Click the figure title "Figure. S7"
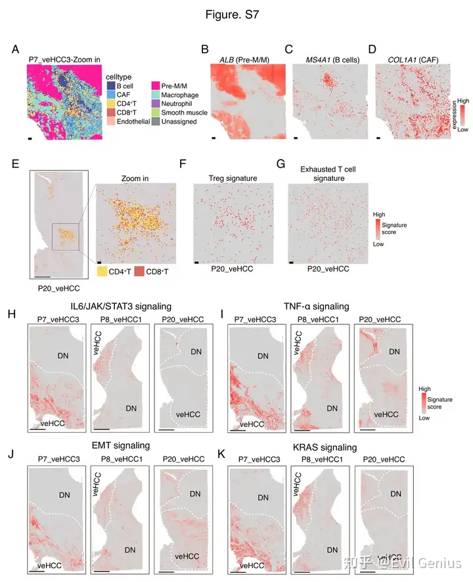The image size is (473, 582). click(236, 15)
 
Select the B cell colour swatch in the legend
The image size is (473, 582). click(110, 86)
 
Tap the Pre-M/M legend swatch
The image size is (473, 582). click(156, 86)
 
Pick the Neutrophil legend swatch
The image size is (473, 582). click(156, 104)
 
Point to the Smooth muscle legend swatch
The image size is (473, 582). click(156, 112)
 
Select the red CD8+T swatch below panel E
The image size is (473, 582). click(139, 270)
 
